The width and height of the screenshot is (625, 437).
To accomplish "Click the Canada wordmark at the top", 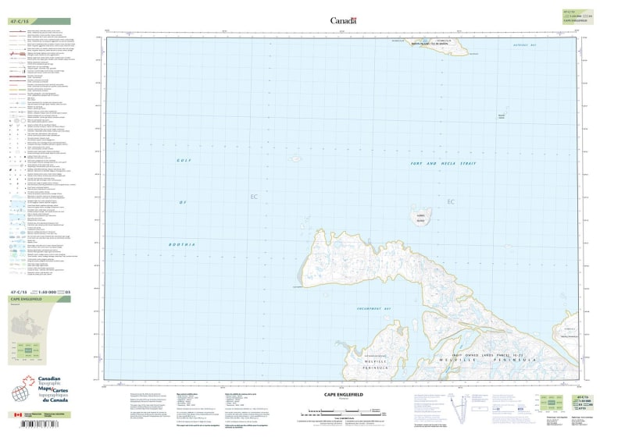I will (343, 20).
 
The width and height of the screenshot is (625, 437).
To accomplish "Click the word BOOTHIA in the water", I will (182, 245).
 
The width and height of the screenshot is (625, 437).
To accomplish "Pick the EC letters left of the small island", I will (253, 197).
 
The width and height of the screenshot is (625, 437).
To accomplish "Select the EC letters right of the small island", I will (450, 202).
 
